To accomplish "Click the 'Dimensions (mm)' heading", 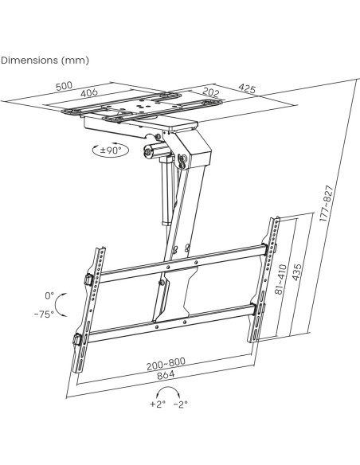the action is tap(45, 61).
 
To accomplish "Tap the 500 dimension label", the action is tap(64, 86).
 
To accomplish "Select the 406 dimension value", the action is tap(89, 92).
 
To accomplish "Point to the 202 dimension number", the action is tap(211, 92).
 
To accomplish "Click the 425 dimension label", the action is tap(247, 88).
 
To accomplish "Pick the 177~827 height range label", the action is tap(327, 204).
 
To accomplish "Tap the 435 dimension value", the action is tap(297, 272).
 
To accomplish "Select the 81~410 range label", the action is tap(280, 279).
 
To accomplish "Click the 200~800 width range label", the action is tap(166, 364).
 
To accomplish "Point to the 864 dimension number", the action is tap(166, 375).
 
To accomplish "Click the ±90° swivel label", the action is tap(111, 150).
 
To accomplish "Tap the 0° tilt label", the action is tap(49, 295).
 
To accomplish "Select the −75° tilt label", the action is tap(44, 314).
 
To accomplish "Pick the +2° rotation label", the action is tap(158, 404).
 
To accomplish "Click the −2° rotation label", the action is tap(181, 404).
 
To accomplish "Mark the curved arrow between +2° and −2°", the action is tap(169, 387).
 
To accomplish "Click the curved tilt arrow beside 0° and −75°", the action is tap(57, 305).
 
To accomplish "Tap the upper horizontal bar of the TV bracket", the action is tap(184, 263).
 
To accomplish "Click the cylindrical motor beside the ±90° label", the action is tap(155, 150).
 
